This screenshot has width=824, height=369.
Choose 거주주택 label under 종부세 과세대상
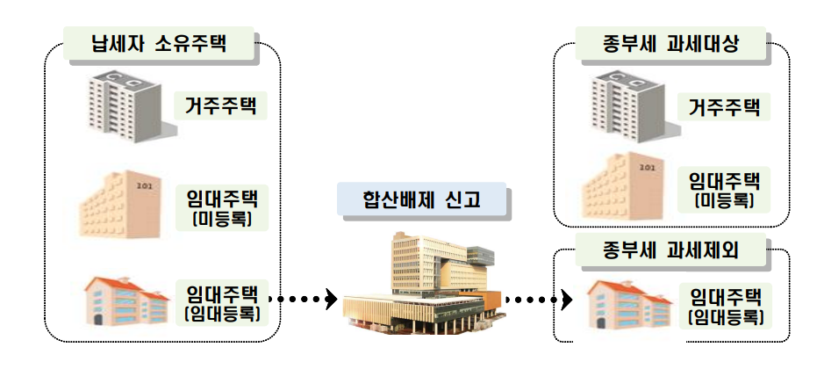pyautogui.click(x=723, y=107)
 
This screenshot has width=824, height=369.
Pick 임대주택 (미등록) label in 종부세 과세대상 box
pyautogui.click(x=723, y=191)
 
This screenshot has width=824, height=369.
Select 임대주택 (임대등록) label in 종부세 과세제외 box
pyautogui.click(x=725, y=306)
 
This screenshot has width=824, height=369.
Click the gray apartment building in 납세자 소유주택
pyautogui.click(x=128, y=104)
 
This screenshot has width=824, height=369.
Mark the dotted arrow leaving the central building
pyautogui.click(x=537, y=300)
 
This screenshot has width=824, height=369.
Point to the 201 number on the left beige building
pyautogui.click(x=143, y=186)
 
